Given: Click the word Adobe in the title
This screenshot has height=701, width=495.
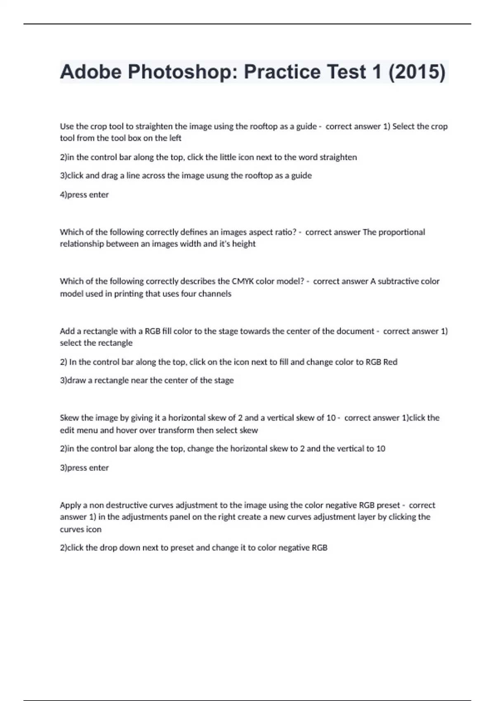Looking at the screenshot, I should click(91, 72).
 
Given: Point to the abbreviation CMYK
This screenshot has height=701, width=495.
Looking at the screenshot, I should click(243, 281).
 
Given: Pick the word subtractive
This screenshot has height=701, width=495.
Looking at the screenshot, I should click(398, 281).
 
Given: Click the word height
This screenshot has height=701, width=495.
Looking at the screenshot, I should click(244, 244).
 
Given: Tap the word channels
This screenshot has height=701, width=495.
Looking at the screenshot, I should click(214, 294).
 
